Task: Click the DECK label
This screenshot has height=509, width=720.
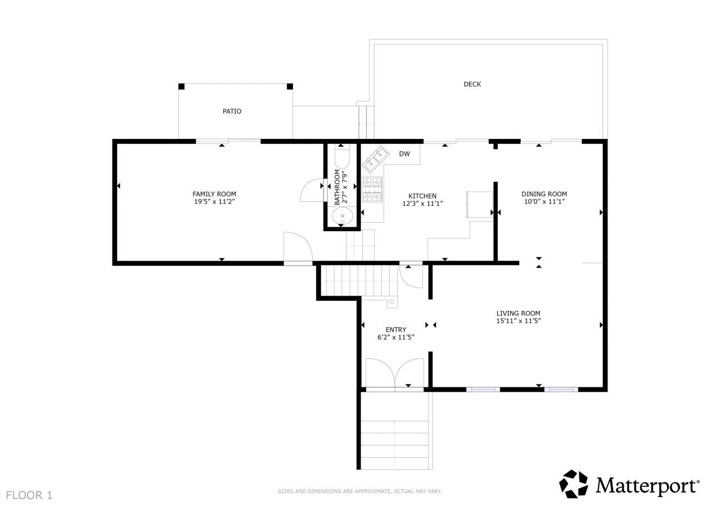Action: click(x=472, y=84)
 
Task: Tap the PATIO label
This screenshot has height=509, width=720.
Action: click(x=232, y=111)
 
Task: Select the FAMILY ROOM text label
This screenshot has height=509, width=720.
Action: click(x=214, y=194)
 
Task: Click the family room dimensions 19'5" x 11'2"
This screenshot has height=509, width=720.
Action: click(x=214, y=201)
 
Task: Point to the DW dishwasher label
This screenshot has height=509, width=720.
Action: click(x=404, y=154)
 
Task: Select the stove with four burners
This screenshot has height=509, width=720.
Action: click(x=372, y=189)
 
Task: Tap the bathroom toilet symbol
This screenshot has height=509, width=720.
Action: click(x=342, y=154)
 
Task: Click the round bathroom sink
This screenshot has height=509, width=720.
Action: click(x=342, y=216)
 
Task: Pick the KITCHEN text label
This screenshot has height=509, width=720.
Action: click(x=422, y=196)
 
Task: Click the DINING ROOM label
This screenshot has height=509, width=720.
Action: click(x=543, y=194)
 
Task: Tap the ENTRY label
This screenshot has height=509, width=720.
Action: click(x=395, y=330)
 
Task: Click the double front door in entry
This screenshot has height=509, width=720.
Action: click(x=395, y=373)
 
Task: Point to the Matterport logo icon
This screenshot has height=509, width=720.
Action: click(x=573, y=484)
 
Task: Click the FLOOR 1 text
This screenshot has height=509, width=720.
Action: click(x=29, y=496)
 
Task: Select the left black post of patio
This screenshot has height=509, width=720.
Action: click(x=181, y=86)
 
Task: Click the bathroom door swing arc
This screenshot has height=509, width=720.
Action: click(x=310, y=191)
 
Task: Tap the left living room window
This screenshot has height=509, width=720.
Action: click(x=483, y=389)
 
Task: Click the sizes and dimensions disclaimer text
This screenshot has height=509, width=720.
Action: click(x=359, y=492)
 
